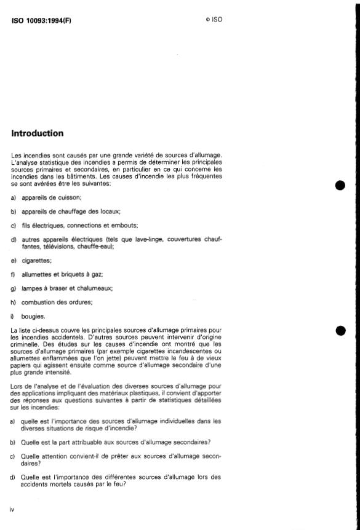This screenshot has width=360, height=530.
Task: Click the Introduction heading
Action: click(37, 133)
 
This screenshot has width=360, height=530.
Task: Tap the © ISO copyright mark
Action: click(214, 20)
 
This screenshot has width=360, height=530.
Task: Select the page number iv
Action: click(13, 509)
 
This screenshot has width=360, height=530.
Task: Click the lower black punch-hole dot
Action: click(341, 331)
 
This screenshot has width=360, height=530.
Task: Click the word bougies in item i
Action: click(33, 317)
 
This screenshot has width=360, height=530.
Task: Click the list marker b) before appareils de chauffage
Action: click(14, 211)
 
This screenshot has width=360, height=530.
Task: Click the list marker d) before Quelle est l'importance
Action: click(14, 477)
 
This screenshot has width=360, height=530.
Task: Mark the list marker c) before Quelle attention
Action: click(14, 456)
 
